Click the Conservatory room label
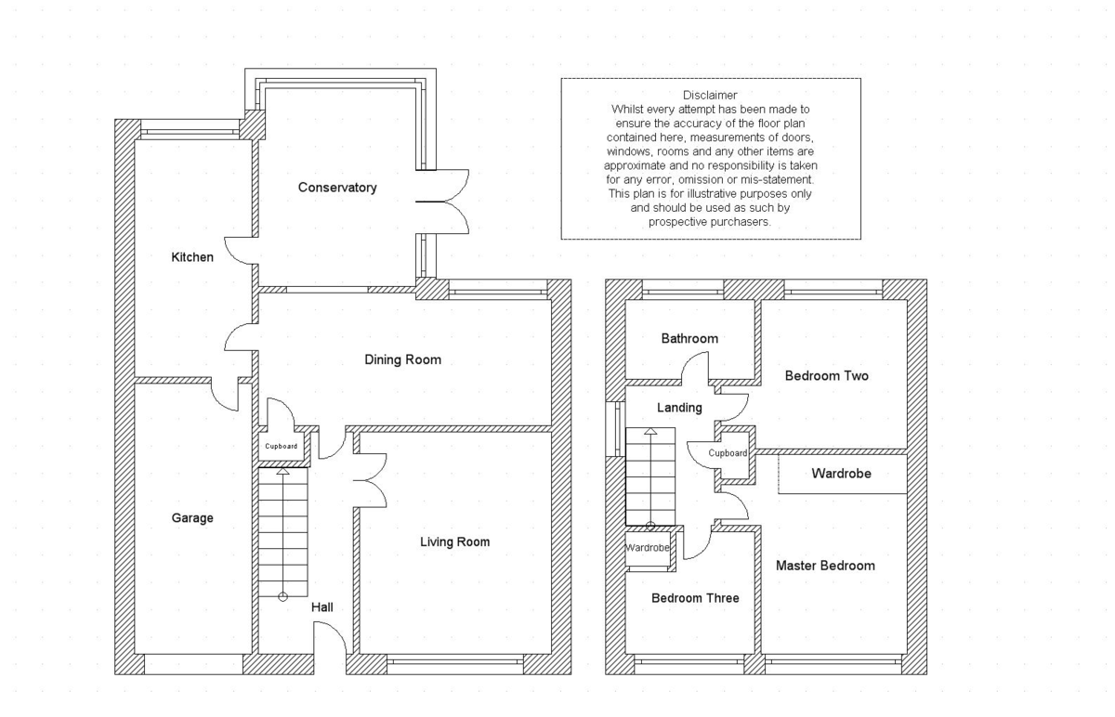pos(337,188)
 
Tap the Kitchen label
pos(192,257)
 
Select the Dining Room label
pos(402,359)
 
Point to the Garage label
pos(192,518)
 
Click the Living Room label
pos(454,541)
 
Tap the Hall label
pos(322,607)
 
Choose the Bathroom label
pos(689,339)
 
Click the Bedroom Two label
pos(826,375)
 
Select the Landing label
pos(679,408)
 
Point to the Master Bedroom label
pos(825,566)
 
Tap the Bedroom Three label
pos(695,598)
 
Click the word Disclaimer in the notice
pos(710,95)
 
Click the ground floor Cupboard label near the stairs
pos(281,447)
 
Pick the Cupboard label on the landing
pos(728,453)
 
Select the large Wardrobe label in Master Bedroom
pos(841,473)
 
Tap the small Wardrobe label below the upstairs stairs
pos(647,548)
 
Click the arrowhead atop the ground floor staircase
pos(282,471)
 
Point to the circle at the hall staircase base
pos(282,596)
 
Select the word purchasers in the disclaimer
pos(734,222)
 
